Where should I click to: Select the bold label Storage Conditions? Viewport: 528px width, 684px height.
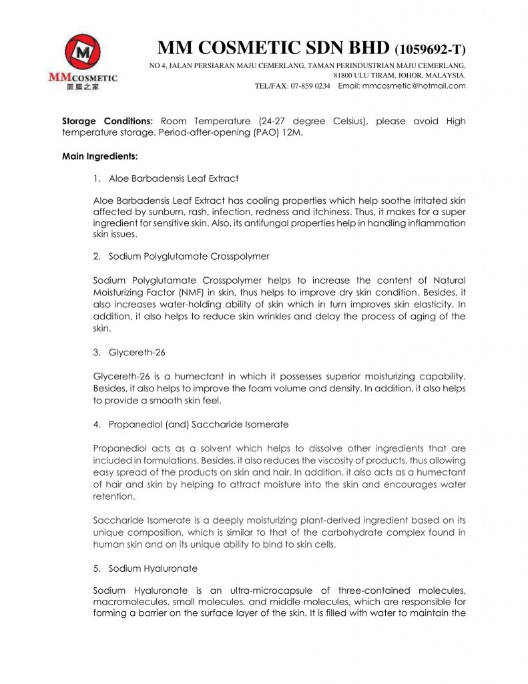coord(108,122)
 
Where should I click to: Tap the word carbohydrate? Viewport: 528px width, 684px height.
coord(371,532)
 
